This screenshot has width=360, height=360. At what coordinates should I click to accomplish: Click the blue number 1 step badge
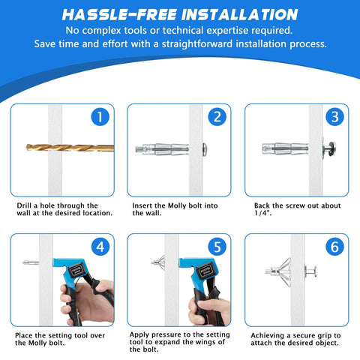[x=98, y=117]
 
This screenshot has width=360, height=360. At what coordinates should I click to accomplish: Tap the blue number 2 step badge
[x=216, y=117]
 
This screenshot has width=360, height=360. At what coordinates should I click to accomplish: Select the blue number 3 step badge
[x=334, y=117]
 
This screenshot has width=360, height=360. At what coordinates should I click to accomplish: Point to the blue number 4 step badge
[x=98, y=246]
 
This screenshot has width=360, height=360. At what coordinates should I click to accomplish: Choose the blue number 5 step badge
[x=216, y=246]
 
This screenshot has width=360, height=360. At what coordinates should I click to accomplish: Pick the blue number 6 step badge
[x=334, y=246]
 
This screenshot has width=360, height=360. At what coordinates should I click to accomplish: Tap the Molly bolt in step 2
[x=164, y=148]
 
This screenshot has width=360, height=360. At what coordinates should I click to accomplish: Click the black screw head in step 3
[x=328, y=148]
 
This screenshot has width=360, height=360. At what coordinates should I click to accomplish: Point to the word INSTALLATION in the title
[x=235, y=14]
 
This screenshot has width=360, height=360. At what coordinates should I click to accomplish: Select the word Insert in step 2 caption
[x=145, y=205]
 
